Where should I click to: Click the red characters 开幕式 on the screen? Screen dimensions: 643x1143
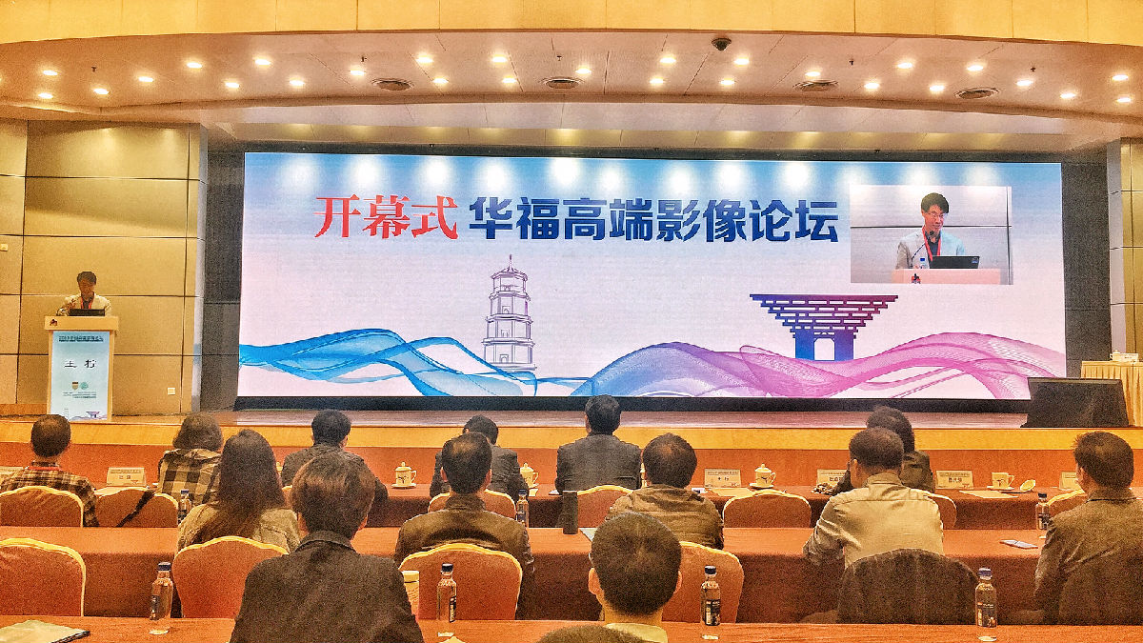click(x=386, y=216)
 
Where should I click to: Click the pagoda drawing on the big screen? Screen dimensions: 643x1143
click(x=509, y=318)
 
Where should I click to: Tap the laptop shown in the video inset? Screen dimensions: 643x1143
click(x=954, y=260)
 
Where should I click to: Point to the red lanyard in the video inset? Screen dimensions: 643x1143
click(x=932, y=242)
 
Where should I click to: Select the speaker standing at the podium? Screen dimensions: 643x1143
click(x=86, y=292)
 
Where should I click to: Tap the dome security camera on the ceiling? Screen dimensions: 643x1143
click(x=721, y=44)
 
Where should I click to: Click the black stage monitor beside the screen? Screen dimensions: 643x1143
click(x=1075, y=403)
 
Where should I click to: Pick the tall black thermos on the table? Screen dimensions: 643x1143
click(x=570, y=512)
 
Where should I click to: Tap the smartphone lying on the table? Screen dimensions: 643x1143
click(x=1018, y=544)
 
